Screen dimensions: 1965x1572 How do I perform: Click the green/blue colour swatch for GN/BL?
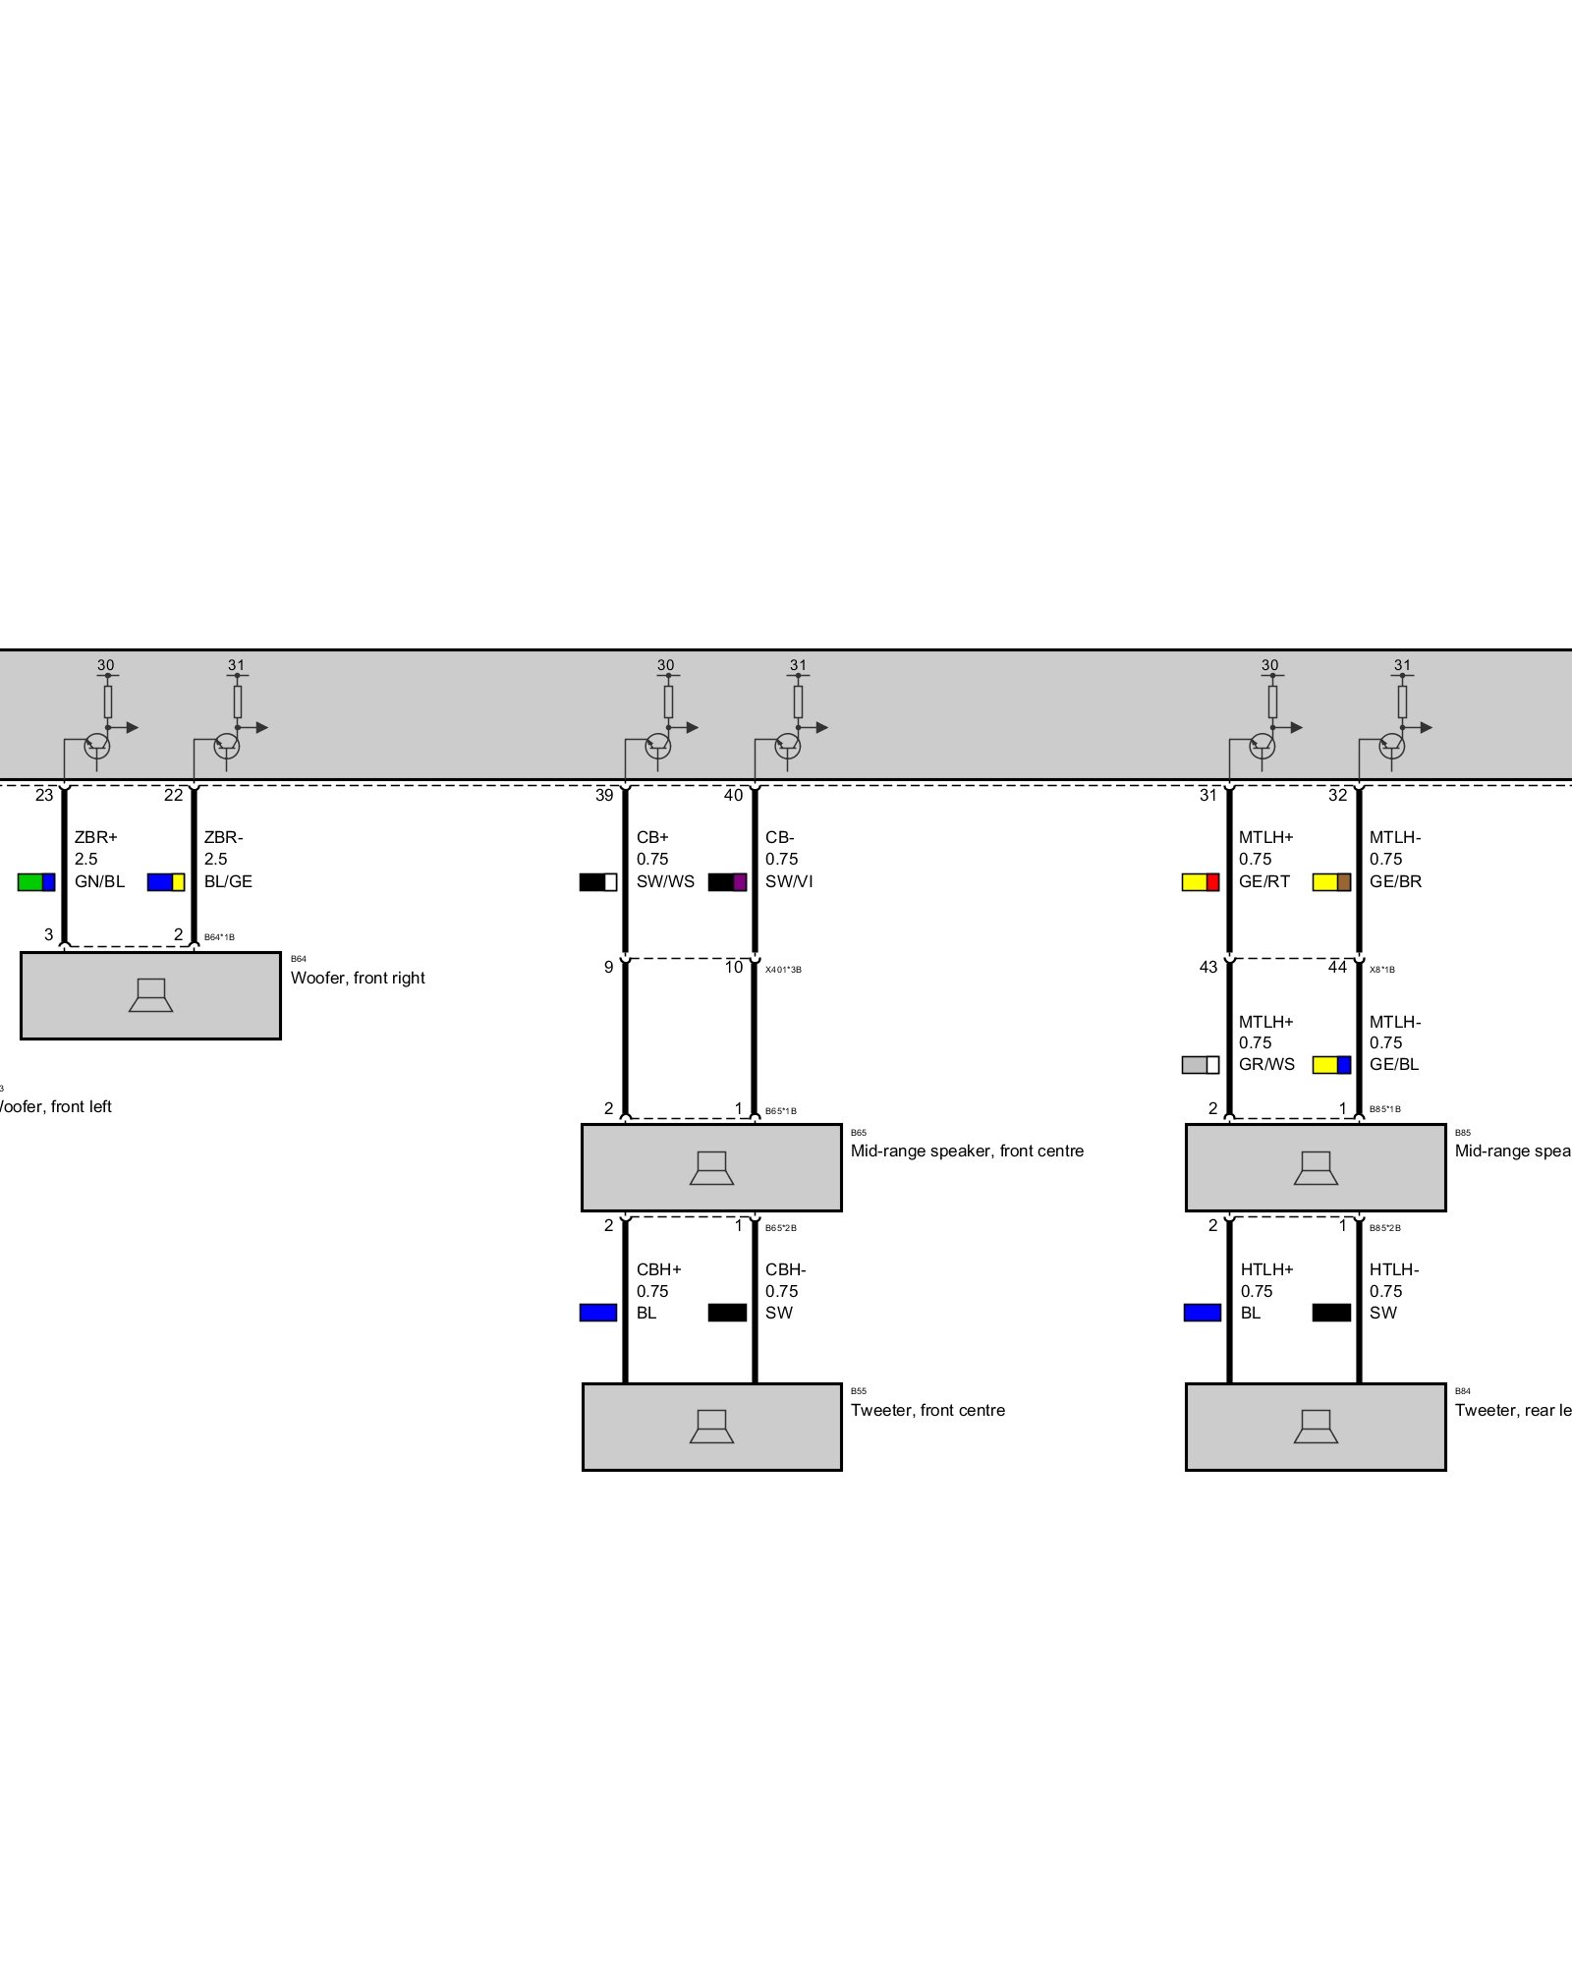click(36, 882)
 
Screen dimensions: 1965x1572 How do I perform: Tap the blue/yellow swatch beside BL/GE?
click(166, 882)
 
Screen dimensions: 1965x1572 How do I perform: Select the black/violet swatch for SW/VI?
click(727, 882)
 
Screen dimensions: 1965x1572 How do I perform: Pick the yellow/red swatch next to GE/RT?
click(1200, 882)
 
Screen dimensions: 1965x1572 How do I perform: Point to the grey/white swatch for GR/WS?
click(1200, 1065)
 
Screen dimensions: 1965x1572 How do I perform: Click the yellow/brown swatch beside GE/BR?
click(1331, 882)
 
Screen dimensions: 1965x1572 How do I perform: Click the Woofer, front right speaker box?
click(150, 995)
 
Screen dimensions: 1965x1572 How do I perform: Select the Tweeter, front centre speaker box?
click(711, 1428)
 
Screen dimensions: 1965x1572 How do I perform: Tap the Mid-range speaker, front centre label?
click(967, 1151)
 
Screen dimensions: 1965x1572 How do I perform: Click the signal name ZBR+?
click(95, 838)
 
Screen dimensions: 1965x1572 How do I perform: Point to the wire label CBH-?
click(785, 1269)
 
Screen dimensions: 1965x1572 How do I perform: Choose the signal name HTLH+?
click(1266, 1269)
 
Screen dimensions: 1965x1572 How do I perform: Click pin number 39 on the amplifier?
click(604, 796)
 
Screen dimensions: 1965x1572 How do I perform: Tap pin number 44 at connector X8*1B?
click(1337, 968)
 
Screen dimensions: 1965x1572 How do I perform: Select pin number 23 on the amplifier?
click(44, 796)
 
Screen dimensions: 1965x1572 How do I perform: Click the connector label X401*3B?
click(783, 970)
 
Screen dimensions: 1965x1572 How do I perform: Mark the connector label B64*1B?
click(219, 937)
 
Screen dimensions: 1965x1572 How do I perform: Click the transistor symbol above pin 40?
click(787, 746)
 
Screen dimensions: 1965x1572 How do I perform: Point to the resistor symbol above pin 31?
click(1272, 702)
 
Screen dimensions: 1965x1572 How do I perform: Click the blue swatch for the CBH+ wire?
click(598, 1313)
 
